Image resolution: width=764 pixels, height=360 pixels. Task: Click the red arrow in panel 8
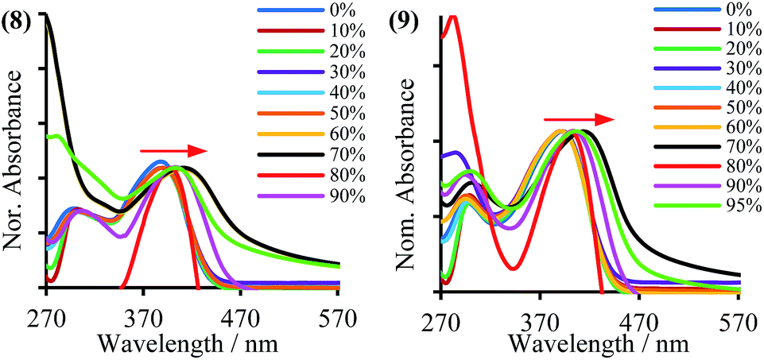pos(174,150)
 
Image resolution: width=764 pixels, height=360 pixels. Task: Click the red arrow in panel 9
pos(579,119)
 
